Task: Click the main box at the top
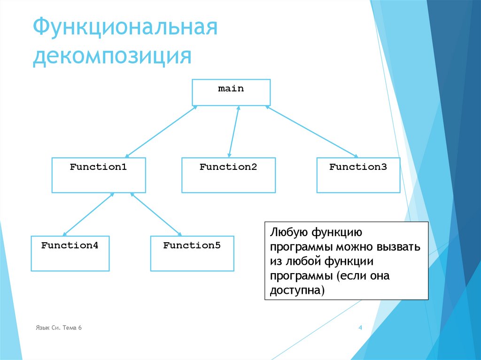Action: (x=231, y=92)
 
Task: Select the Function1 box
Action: (x=99, y=175)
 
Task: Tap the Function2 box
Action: (x=228, y=175)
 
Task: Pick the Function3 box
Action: (x=358, y=175)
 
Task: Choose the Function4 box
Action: (x=70, y=253)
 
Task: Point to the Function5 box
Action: (x=192, y=253)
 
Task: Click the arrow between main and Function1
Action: (x=161, y=131)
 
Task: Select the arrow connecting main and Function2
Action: (x=234, y=131)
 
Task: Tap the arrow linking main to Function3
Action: (x=311, y=131)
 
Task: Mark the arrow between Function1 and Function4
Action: (x=88, y=214)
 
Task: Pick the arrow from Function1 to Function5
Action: (x=156, y=214)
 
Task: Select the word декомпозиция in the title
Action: (x=112, y=56)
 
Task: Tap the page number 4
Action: (x=360, y=328)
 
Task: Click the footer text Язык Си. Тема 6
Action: (x=59, y=328)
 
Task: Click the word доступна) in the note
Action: (x=297, y=291)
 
